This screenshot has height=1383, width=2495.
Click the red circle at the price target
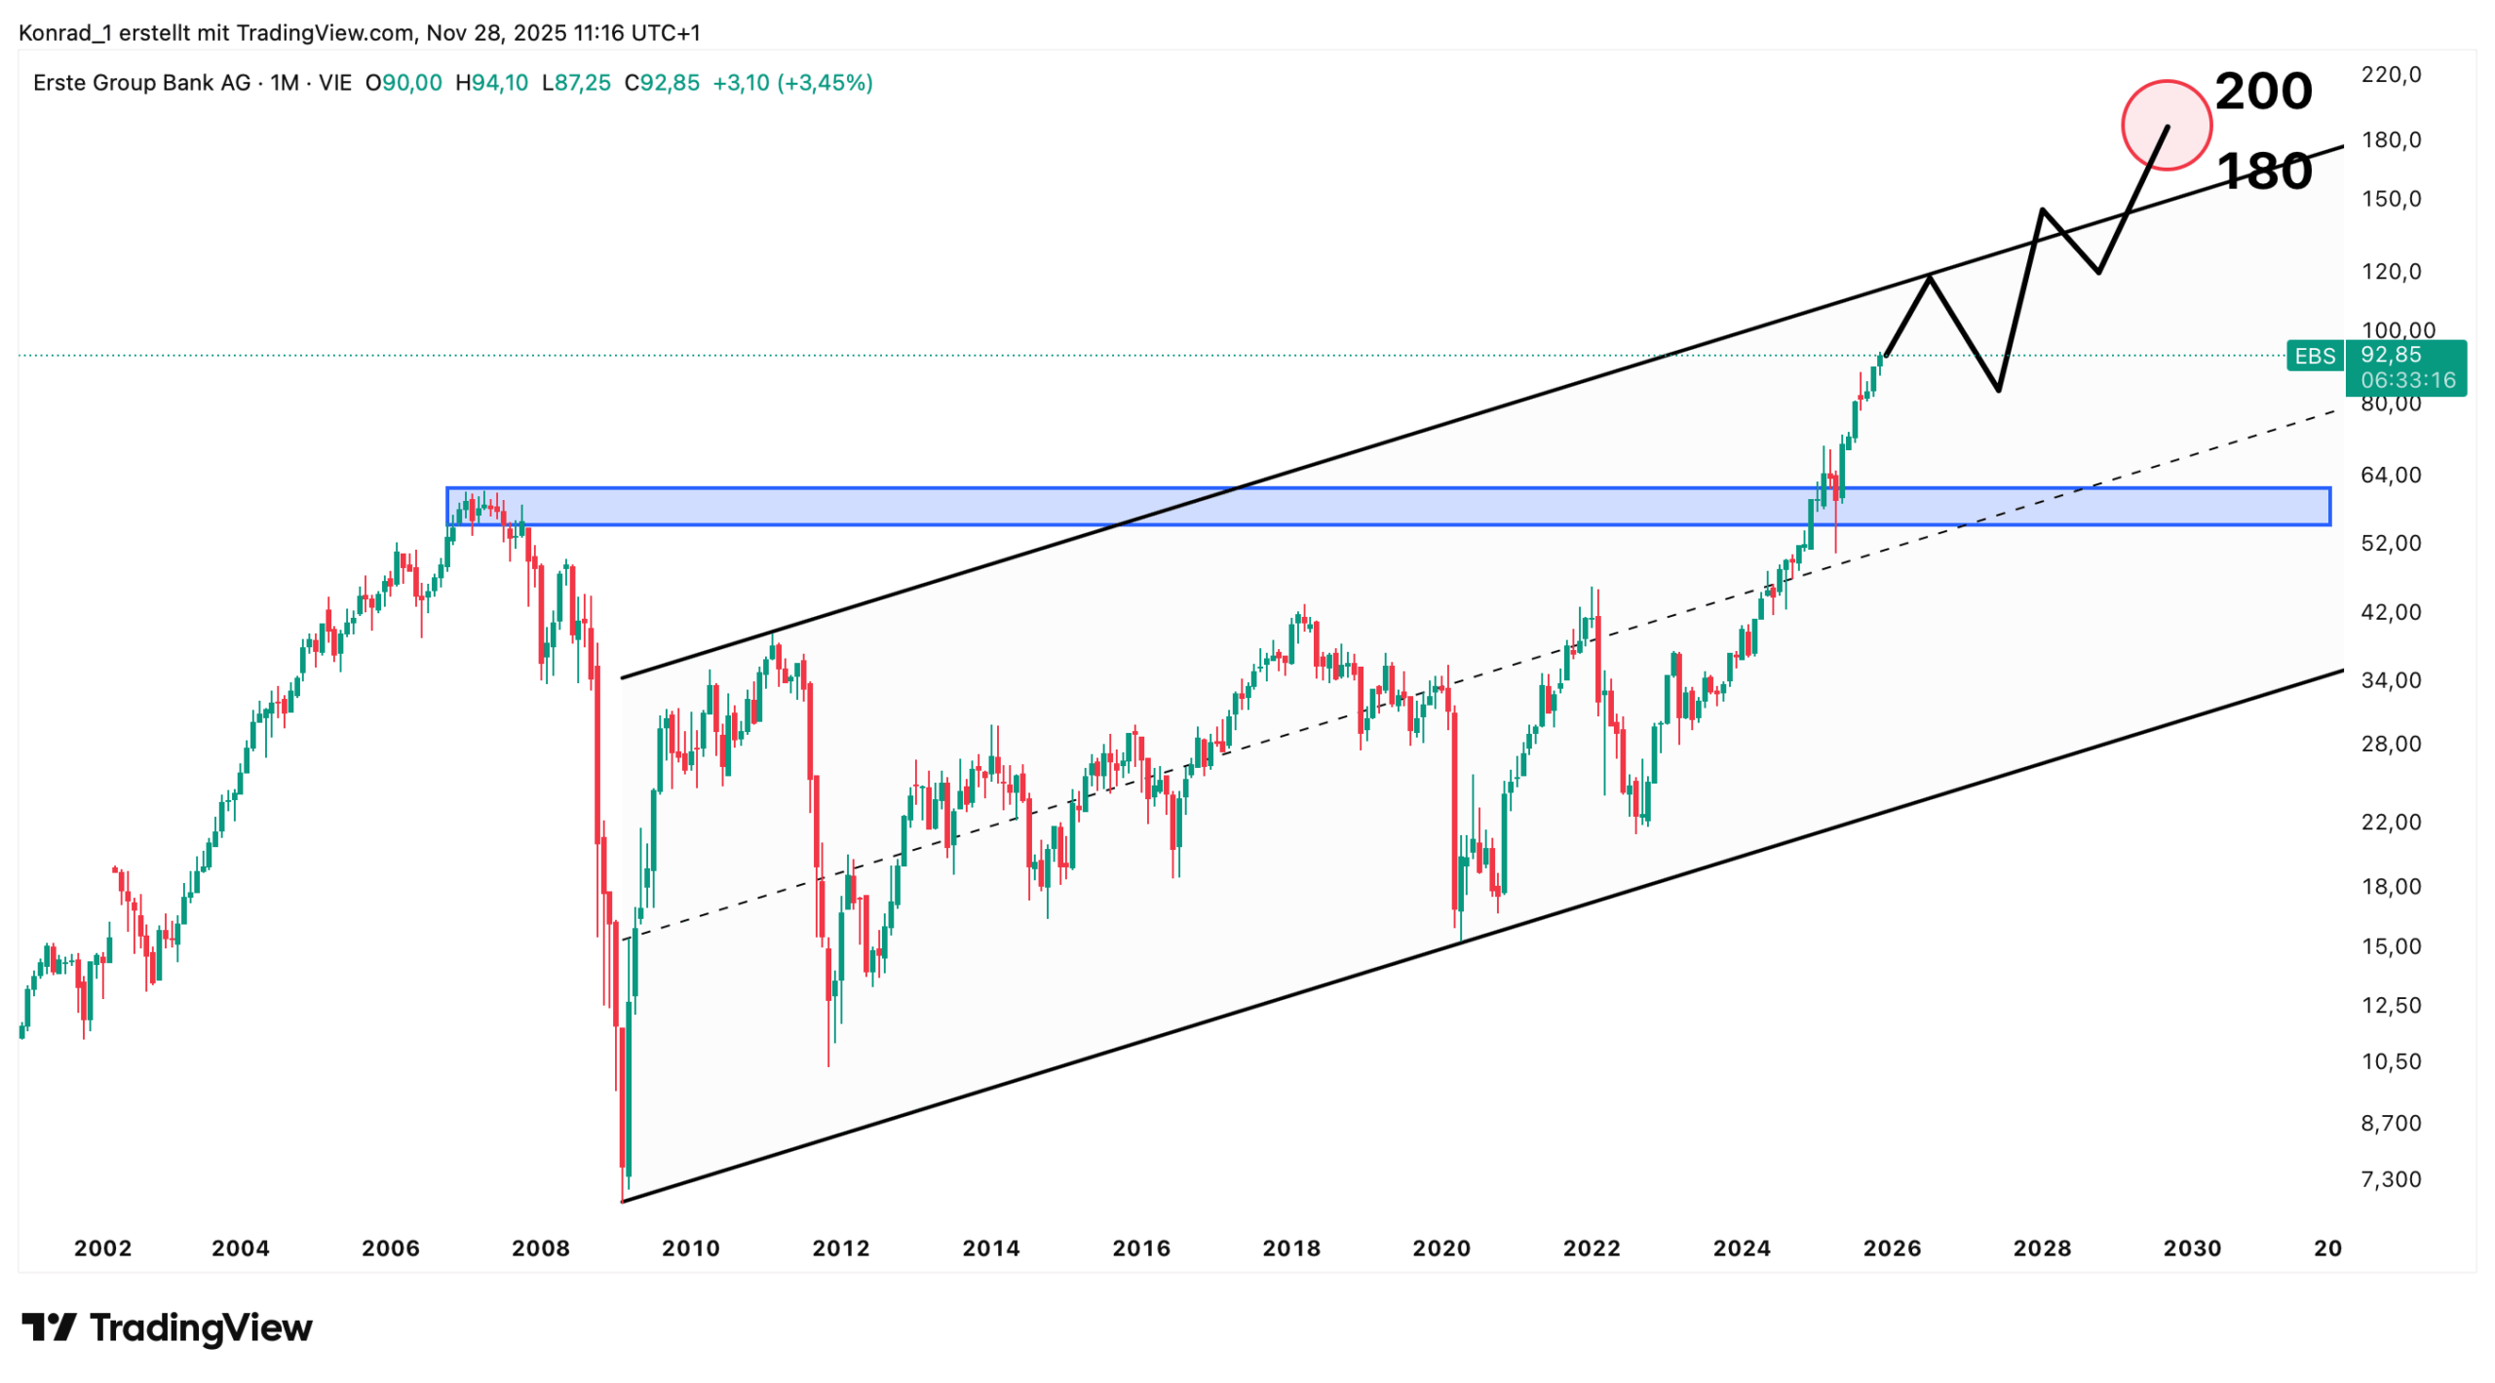coord(2166,125)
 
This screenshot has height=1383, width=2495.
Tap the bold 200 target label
coord(2262,92)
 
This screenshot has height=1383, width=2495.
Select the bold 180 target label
coord(2262,172)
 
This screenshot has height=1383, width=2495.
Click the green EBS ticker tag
coord(2314,357)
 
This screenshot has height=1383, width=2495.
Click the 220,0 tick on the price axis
coord(2390,75)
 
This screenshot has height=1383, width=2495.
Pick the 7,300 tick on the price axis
coord(2390,1179)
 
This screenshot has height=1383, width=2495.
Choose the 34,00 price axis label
coord(2390,680)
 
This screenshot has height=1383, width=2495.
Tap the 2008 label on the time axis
coord(541,1249)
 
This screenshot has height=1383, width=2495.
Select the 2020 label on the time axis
coord(1441,1249)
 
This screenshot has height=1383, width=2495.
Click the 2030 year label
coord(2192,1249)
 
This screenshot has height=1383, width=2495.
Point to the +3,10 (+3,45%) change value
coord(792,83)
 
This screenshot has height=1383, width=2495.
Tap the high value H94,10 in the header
coord(491,83)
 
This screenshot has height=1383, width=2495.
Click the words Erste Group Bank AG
coord(141,83)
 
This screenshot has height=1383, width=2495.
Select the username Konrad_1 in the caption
coord(65,33)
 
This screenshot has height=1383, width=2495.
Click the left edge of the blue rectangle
coord(448,507)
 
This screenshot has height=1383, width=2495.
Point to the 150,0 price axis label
coord(2390,199)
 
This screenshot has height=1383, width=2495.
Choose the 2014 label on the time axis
coord(991,1249)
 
